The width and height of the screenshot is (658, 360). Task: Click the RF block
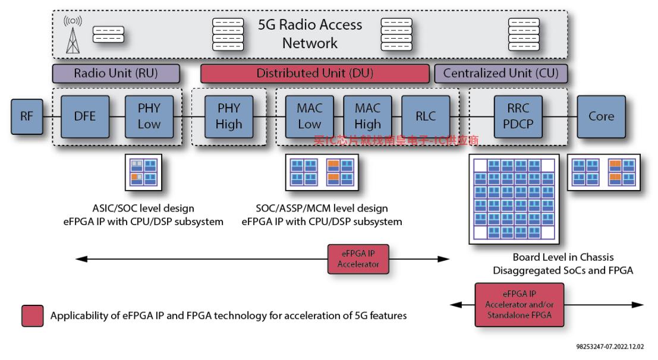pos(27,116)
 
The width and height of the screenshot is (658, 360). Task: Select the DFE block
pos(85,116)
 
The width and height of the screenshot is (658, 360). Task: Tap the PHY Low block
pos(149,116)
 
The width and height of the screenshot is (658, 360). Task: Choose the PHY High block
pos(229,116)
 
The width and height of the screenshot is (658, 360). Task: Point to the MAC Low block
pos(309,116)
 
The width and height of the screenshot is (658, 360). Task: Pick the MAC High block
pos(367,116)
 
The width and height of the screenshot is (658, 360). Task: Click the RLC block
pos(426,116)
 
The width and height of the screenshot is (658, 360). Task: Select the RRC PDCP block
pos(518,116)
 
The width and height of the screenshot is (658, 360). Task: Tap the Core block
pos(602,116)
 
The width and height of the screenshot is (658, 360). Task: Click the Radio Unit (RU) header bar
pos(116,74)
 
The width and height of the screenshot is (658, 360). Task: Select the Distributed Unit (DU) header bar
pos(314,74)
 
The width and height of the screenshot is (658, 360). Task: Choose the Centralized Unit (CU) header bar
pos(500,74)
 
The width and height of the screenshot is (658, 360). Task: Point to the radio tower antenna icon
pos(73,35)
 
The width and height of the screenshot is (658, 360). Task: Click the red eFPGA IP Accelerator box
pos(358,259)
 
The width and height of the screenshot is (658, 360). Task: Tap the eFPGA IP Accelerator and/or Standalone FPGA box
pos(519,305)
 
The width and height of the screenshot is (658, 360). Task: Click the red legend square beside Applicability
pos(32,316)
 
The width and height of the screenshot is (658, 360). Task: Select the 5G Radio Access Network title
pos(310,34)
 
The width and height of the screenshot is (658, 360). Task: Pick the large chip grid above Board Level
pos(514,199)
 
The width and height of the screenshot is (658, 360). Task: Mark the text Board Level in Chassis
pos(563,257)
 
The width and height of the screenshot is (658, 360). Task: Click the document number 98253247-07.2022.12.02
pos(610,346)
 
